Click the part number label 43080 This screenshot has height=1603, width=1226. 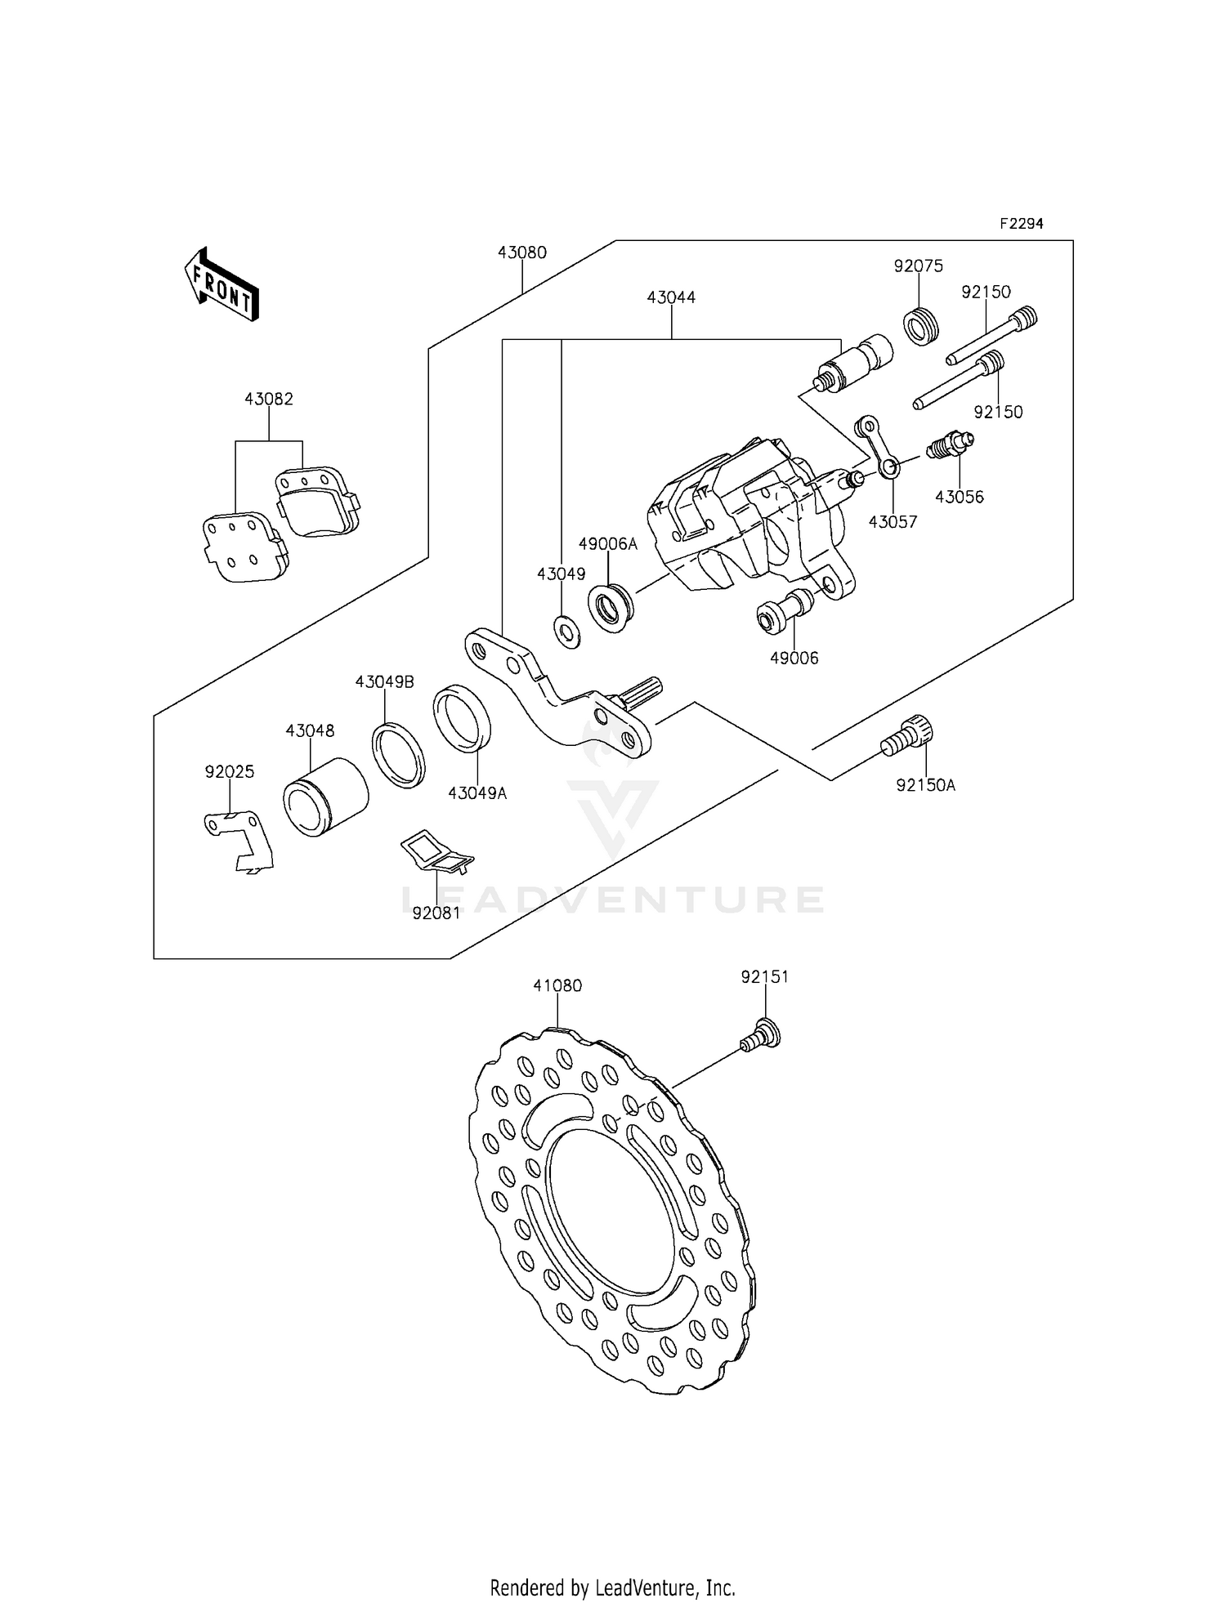point(521,253)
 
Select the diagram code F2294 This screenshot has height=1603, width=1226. point(1021,223)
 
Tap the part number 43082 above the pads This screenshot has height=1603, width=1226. point(269,400)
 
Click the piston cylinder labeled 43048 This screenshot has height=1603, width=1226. point(324,796)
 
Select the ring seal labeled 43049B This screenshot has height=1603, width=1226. point(399,755)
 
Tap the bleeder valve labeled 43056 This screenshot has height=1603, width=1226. point(950,446)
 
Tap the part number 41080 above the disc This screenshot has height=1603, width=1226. point(557,986)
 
